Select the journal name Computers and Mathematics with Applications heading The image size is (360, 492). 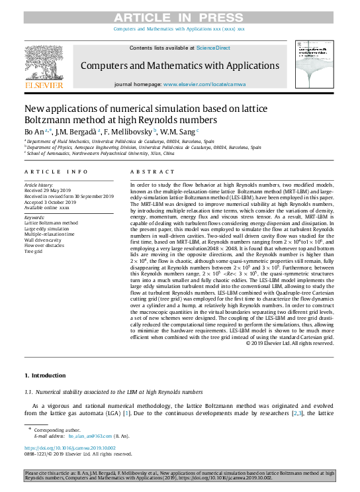(180, 66)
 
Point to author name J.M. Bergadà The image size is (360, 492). (76, 132)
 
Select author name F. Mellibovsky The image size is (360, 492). (135, 132)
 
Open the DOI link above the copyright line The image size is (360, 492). (69, 448)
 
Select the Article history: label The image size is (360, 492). (38, 185)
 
